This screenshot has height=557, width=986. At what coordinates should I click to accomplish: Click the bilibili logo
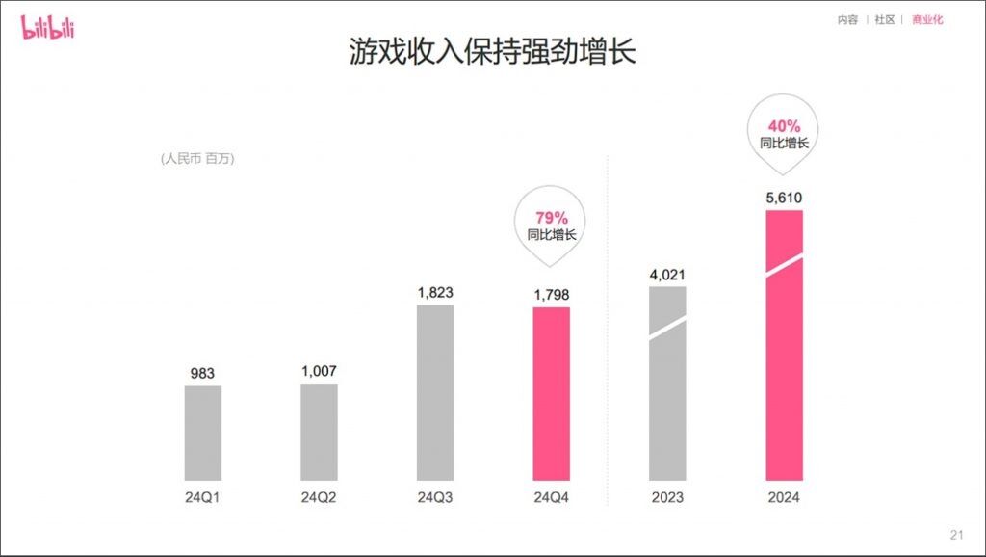(x=47, y=27)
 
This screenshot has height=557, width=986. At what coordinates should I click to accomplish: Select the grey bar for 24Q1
(x=203, y=433)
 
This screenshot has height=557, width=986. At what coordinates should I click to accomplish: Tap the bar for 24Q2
(x=319, y=432)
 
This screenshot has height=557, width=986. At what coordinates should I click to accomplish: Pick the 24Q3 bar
(x=435, y=392)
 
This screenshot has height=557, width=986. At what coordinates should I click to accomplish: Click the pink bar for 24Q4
(x=552, y=393)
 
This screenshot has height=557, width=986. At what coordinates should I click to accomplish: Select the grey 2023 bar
(x=667, y=383)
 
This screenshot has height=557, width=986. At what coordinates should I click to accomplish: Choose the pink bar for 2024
(x=784, y=344)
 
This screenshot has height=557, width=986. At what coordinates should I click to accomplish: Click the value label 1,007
(x=319, y=371)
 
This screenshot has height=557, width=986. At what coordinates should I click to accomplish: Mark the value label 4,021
(x=667, y=275)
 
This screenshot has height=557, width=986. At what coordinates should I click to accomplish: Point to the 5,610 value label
(x=784, y=198)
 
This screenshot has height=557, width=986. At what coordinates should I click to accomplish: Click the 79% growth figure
(x=552, y=218)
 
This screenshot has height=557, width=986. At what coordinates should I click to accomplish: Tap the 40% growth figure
(x=784, y=125)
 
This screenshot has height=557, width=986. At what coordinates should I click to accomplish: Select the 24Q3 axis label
(x=435, y=497)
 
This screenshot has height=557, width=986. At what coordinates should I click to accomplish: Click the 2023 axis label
(x=667, y=497)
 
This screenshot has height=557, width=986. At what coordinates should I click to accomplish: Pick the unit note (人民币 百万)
(x=198, y=159)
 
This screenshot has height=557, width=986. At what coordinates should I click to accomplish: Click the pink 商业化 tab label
(x=927, y=19)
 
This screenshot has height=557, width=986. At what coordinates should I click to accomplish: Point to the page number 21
(x=956, y=535)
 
